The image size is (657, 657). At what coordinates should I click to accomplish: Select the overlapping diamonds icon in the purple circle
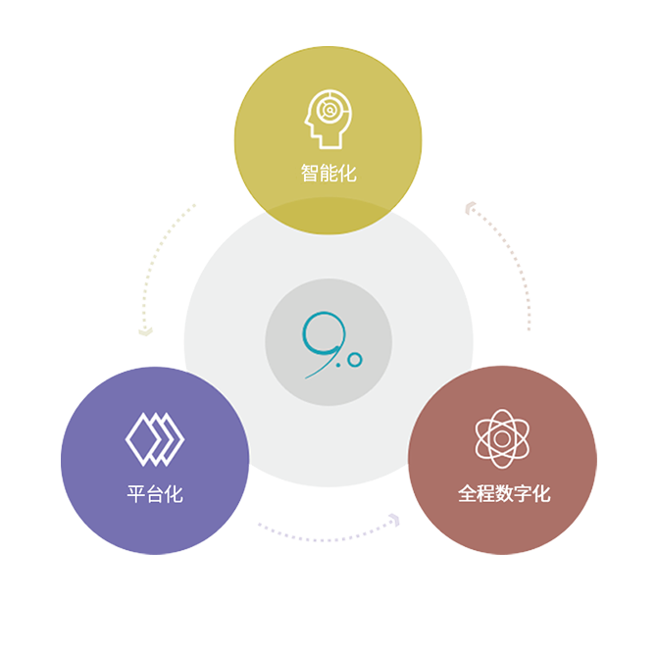[155, 438]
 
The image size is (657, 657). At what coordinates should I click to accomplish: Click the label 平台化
[155, 494]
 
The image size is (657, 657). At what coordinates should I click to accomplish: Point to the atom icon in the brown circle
[502, 438]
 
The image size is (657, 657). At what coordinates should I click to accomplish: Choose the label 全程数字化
[503, 494]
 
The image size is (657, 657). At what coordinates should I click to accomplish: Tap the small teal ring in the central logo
[355, 360]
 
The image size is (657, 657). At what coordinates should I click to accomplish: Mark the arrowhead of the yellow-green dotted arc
[145, 329]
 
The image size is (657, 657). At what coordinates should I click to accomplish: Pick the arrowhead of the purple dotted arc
[393, 520]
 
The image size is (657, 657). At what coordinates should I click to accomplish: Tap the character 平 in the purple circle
[136, 494]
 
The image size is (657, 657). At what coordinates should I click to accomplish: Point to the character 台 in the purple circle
[155, 494]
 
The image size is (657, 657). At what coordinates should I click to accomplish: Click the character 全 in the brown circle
[467, 494]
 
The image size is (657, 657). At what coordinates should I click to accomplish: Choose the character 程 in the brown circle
[485, 494]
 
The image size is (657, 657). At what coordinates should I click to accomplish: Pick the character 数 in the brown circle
[504, 494]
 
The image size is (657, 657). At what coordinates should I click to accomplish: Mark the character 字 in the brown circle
[523, 494]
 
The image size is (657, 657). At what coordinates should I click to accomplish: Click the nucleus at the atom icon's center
[502, 438]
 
